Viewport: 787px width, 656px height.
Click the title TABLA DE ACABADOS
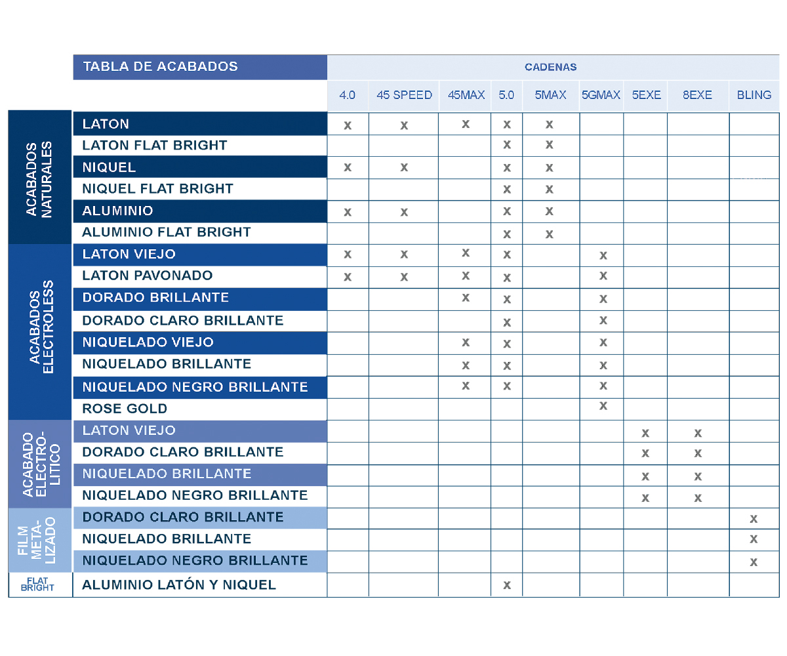(160, 66)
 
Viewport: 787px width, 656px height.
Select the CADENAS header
(550, 67)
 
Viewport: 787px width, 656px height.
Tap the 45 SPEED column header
(404, 95)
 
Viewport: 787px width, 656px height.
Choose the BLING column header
(754, 95)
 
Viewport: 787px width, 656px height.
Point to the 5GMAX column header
(601, 95)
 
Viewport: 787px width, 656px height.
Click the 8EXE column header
(697, 95)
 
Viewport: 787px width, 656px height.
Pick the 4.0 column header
(347, 95)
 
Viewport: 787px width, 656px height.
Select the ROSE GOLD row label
(125, 409)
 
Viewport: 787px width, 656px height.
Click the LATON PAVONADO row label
(148, 276)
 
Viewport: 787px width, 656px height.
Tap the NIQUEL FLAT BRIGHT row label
(157, 189)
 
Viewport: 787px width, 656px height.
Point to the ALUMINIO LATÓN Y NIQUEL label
(179, 585)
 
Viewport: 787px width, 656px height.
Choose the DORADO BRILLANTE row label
(155, 298)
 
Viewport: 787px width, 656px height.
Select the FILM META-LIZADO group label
(39, 540)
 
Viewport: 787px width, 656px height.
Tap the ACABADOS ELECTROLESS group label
(39, 331)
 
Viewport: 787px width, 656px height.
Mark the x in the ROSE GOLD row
(603, 406)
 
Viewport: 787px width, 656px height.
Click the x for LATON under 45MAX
(466, 123)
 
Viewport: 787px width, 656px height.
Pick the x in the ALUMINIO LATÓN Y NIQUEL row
(506, 585)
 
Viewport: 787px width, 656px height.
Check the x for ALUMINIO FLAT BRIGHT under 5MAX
(550, 234)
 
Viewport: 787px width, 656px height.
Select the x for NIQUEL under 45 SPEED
(404, 167)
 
